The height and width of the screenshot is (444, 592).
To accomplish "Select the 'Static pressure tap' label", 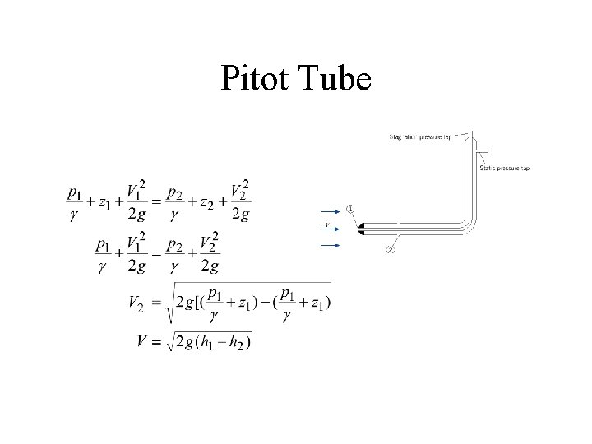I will (504, 168).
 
